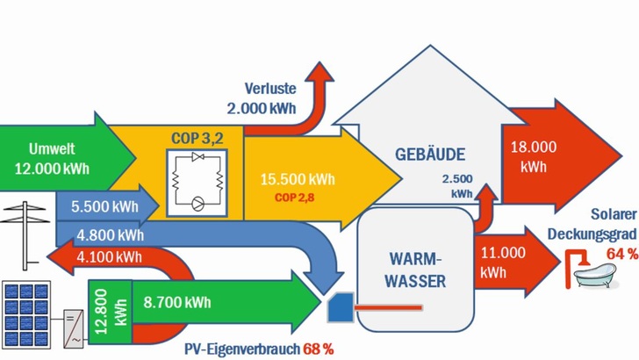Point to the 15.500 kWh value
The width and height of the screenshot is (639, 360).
tap(298, 179)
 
